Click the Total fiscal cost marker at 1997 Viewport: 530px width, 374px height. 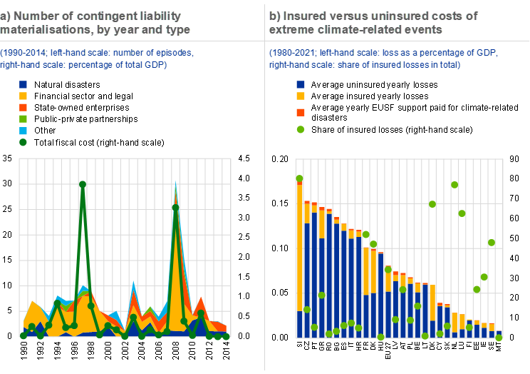pos(83,184)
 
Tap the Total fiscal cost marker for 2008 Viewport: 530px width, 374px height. pos(175,207)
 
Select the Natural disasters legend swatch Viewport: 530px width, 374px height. pos(23,84)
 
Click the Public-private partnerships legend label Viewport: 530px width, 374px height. pos(86,119)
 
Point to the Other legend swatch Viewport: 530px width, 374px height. pos(23,131)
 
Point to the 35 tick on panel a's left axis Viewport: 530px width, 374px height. pos(7,158)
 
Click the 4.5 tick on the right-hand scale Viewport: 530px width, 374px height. pos(244,158)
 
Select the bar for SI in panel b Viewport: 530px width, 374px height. pos(299,258)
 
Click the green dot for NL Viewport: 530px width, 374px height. pos(454,185)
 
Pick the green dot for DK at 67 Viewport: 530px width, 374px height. pos(432,204)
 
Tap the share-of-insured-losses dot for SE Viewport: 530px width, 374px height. pos(492,243)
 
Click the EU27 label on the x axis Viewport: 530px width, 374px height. pos(388,350)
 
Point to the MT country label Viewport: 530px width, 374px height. pos(499,346)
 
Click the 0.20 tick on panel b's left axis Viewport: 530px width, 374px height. pos(279,159)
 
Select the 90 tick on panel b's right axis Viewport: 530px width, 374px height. pos(514,159)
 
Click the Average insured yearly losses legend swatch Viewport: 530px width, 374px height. pos(301,96)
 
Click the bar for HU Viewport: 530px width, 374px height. pos(380,294)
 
